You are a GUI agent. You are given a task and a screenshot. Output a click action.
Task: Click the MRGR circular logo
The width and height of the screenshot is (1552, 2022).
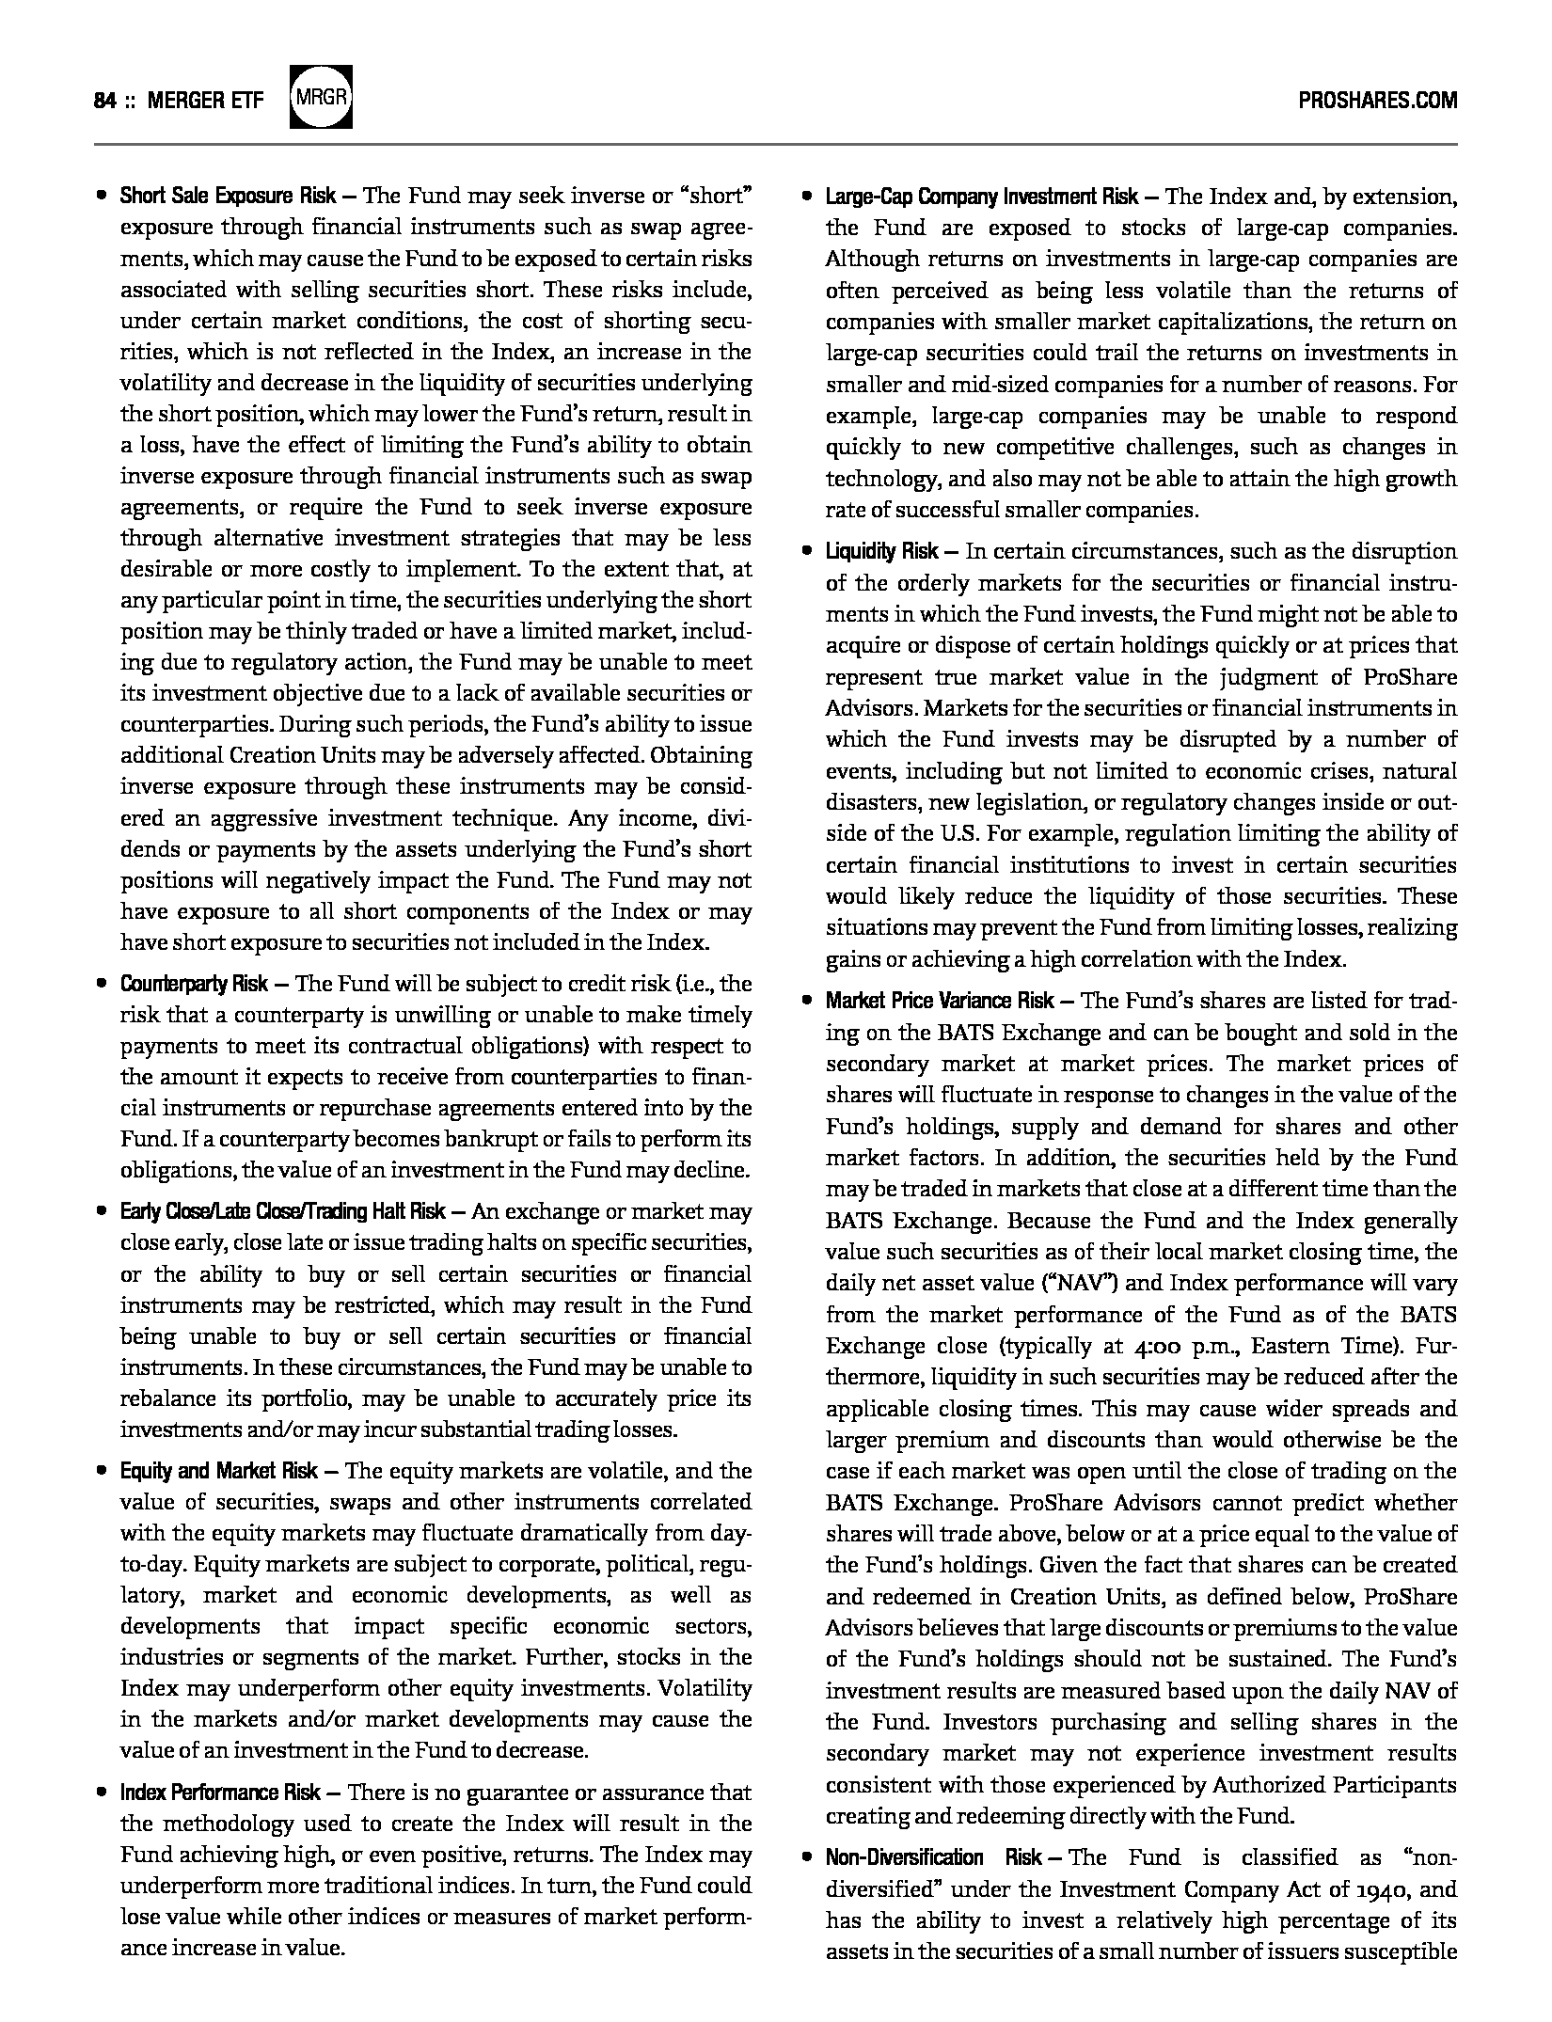coord(321,98)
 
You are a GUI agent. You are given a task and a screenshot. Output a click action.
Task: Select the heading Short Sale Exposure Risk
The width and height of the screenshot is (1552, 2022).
coord(227,197)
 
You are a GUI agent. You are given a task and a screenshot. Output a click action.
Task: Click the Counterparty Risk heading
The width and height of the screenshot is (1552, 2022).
coord(194,985)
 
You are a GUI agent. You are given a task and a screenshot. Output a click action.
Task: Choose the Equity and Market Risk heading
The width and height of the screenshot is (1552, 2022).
coord(218,1471)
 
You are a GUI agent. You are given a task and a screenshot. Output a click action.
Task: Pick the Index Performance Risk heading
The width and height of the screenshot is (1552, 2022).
coord(220,1793)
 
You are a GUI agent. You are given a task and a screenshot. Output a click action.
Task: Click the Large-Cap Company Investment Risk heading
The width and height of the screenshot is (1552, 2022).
coord(981,197)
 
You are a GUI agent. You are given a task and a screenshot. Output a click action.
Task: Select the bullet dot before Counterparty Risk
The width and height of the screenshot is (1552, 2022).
coord(101,985)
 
